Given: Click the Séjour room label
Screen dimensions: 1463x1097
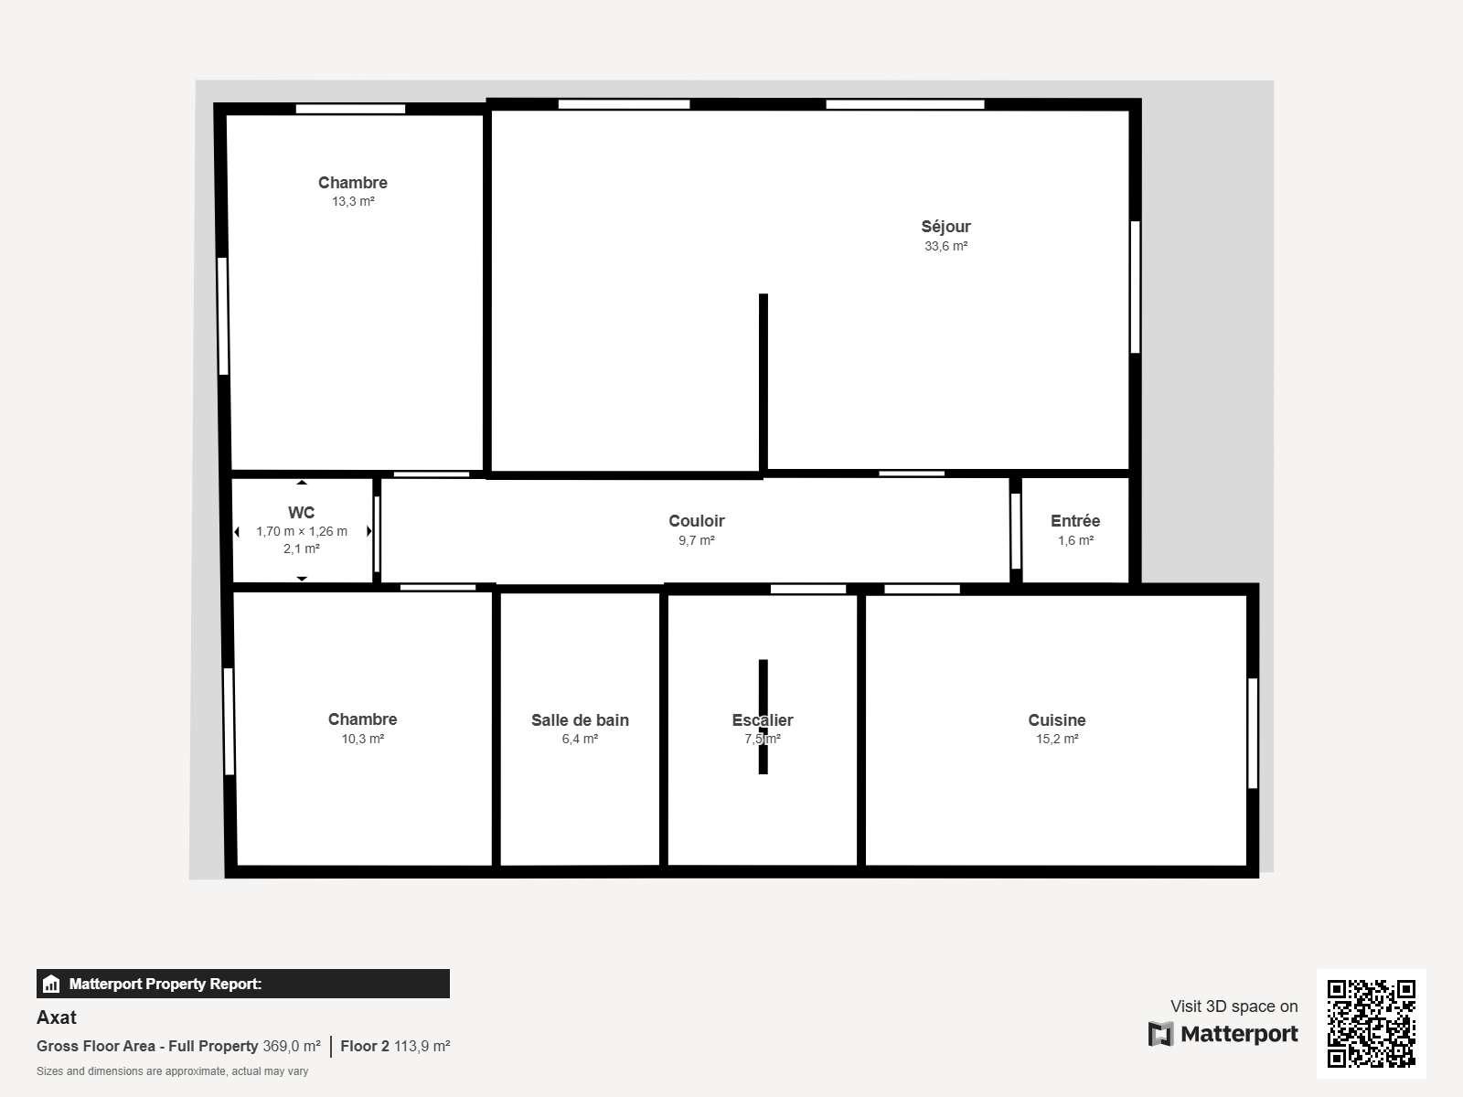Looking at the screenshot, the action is (945, 227).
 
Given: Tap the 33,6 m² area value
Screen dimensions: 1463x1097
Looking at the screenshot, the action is (945, 246).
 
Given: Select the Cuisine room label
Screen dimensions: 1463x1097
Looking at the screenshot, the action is (1056, 720).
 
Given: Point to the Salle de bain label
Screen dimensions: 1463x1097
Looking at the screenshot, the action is (580, 720).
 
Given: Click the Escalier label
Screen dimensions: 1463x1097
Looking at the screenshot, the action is (763, 720).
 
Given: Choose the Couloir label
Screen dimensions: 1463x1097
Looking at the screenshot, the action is (697, 521).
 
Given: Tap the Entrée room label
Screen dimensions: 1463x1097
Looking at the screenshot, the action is (1075, 521).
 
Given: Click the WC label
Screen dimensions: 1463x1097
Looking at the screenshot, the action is (301, 512).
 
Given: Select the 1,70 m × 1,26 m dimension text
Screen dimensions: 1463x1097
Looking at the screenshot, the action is (301, 531).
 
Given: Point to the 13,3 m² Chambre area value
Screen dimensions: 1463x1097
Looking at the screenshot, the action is (353, 201).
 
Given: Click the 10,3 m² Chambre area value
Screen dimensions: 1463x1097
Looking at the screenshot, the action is (363, 739).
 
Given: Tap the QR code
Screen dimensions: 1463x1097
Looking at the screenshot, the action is (1371, 1023).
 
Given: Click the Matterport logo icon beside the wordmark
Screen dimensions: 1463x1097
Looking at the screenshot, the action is (1160, 1034).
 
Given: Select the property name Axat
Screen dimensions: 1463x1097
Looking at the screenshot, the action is (57, 1017).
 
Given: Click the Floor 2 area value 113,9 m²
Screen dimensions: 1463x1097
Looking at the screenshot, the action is (422, 1046).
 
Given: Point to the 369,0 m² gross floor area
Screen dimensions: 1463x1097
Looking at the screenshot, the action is (292, 1046).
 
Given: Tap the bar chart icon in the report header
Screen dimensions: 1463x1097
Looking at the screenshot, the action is (51, 984).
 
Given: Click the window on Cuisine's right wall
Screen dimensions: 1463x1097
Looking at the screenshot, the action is (1253, 733).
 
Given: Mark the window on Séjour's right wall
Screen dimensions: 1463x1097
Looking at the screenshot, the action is (1135, 287).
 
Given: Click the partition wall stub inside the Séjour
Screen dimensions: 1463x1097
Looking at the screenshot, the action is (764, 383).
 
